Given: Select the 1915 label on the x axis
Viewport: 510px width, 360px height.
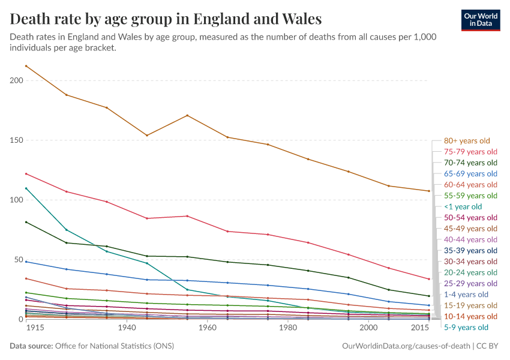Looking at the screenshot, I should (26, 329).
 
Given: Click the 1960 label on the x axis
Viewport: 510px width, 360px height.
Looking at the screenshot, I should (207, 329).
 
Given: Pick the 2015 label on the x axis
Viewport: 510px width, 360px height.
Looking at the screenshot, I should (420, 329).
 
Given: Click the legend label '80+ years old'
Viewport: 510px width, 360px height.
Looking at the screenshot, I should (467, 141).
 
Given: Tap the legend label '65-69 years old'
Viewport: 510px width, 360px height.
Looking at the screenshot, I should (470, 173).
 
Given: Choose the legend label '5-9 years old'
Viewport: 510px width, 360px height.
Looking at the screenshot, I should (466, 327).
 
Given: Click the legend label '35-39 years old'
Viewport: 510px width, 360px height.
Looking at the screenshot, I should (470, 250).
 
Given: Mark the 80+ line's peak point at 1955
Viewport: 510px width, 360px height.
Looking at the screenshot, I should (188, 115).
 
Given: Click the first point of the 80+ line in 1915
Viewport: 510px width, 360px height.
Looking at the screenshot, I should (26, 65).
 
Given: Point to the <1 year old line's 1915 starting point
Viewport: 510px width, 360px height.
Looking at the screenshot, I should (26, 188).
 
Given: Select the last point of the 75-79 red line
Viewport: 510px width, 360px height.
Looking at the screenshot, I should (428, 279).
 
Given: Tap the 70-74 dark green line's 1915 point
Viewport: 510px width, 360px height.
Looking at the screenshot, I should (26, 222).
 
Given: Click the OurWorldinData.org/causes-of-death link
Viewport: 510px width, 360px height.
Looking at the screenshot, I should (405, 346).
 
